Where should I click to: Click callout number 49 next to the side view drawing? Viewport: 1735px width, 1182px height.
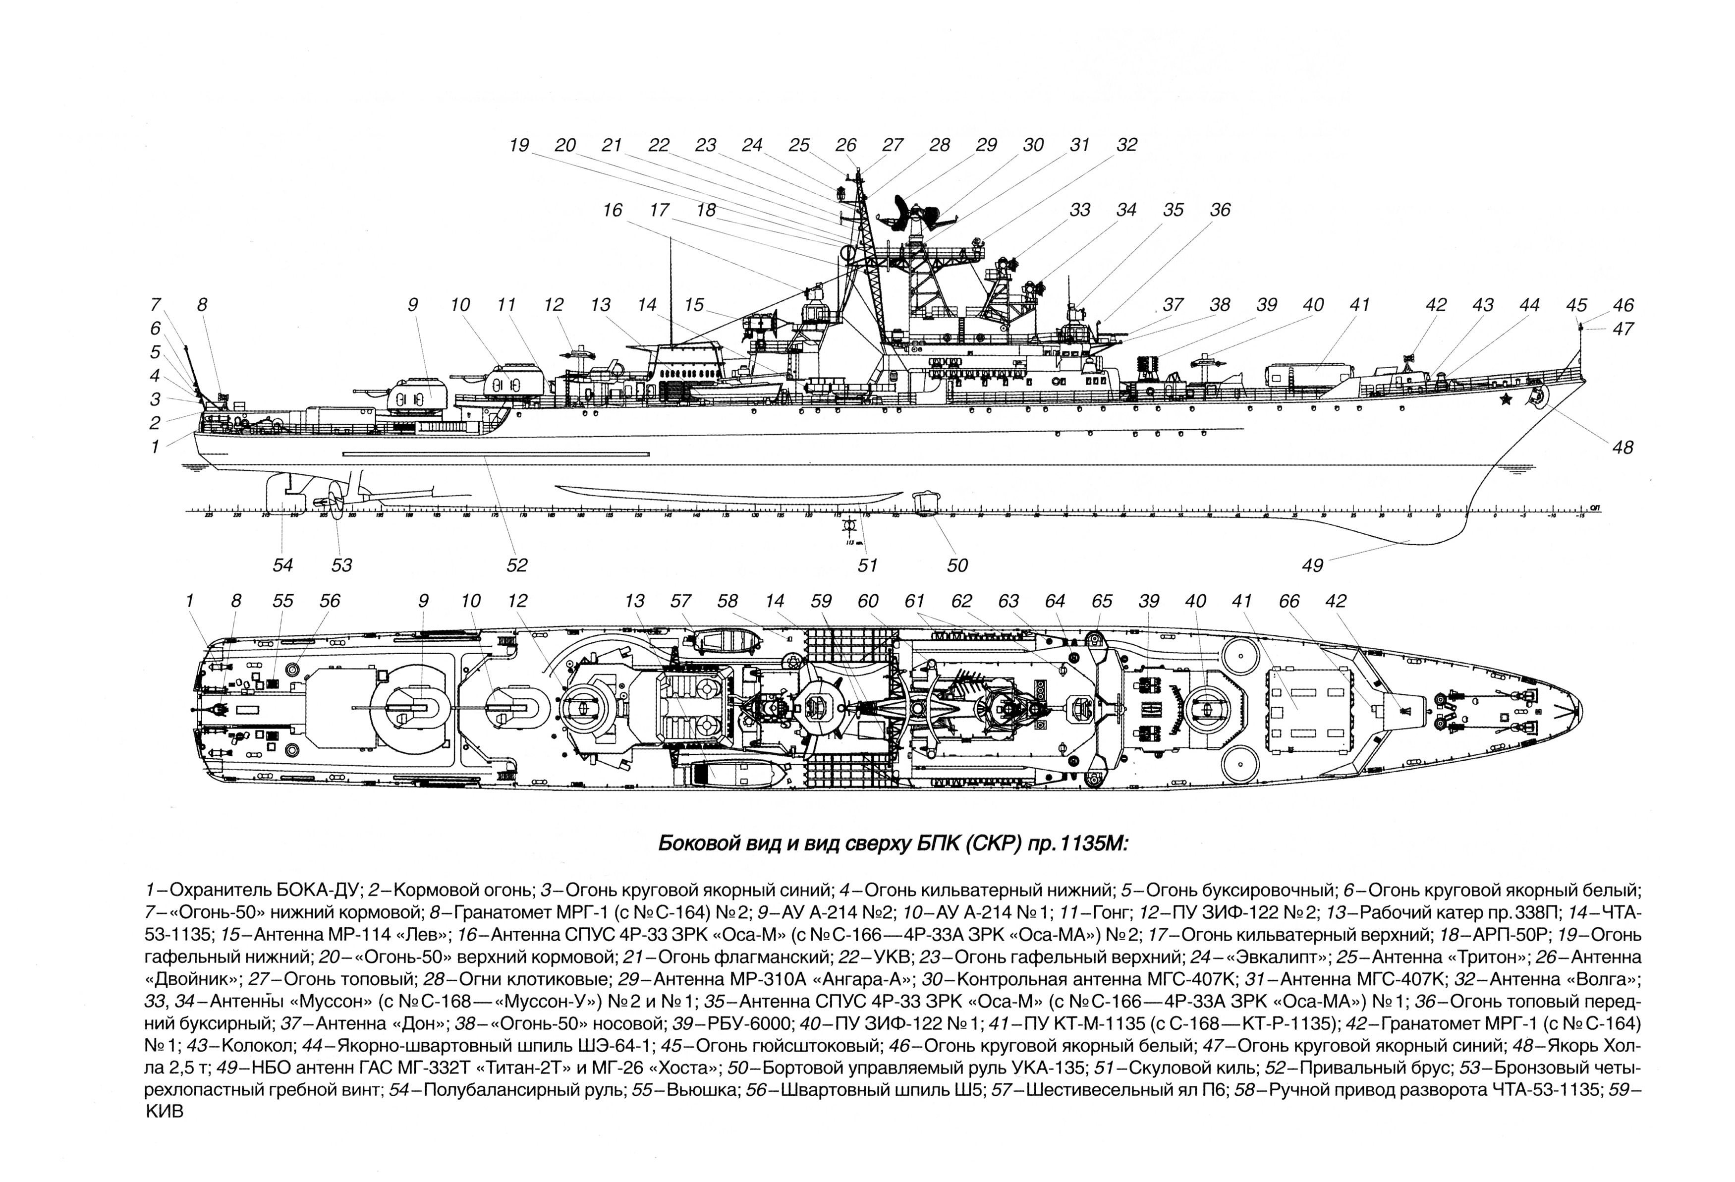tap(1312, 565)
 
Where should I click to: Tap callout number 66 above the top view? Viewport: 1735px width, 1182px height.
tap(1288, 601)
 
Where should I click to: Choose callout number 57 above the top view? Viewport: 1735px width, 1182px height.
tap(679, 601)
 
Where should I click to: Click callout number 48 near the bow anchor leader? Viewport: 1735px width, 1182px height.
tap(1623, 447)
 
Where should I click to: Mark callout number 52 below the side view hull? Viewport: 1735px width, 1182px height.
tap(516, 565)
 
